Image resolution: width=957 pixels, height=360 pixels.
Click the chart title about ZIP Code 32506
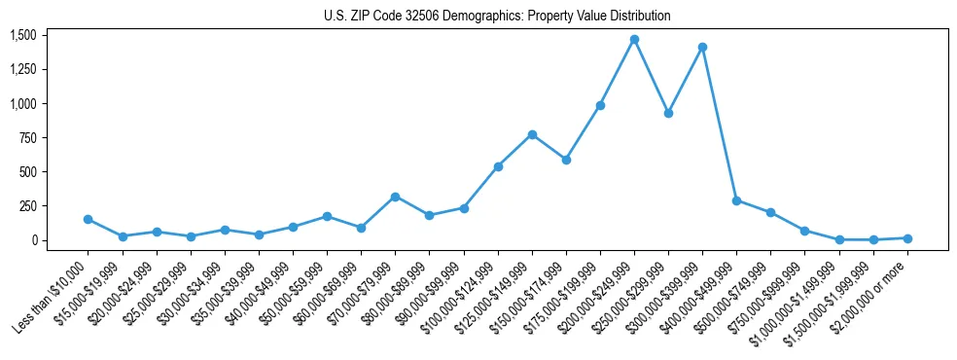[497, 17]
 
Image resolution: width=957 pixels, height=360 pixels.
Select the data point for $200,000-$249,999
[634, 40]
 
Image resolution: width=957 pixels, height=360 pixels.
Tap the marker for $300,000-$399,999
[702, 47]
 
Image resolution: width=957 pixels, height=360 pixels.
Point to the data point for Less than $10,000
[89, 220]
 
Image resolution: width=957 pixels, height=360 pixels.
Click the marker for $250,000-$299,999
[668, 113]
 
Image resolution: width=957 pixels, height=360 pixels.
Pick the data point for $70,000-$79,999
[395, 197]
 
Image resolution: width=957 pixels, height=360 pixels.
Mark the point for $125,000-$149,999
[532, 134]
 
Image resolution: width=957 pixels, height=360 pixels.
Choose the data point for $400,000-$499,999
[736, 200]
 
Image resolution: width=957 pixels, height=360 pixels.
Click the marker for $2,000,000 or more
[907, 238]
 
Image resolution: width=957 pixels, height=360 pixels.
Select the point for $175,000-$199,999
[600, 105]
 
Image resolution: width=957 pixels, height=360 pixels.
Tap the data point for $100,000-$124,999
[498, 166]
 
